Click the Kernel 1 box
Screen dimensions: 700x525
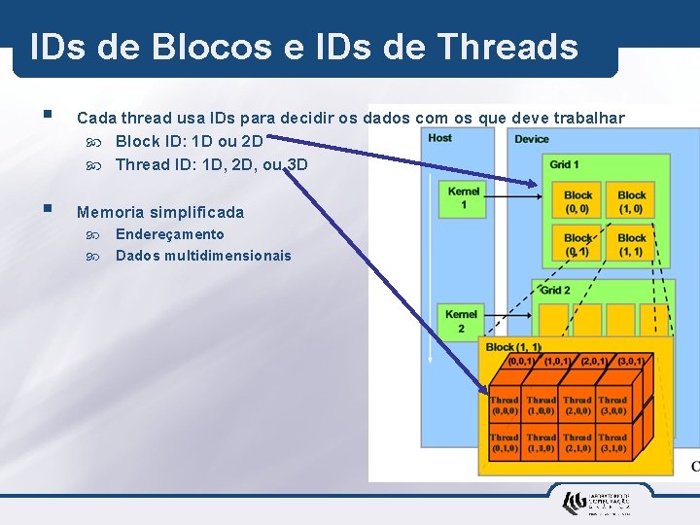coord(464,198)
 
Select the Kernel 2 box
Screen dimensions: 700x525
coord(461,321)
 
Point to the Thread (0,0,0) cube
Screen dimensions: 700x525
coord(505,405)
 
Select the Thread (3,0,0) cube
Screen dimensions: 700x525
coord(612,405)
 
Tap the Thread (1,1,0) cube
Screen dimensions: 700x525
coord(541,443)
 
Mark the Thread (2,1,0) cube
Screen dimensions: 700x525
coord(577,443)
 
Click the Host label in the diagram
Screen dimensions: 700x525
coord(439,138)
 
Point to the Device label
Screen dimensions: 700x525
coord(532,139)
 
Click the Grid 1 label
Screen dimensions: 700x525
coord(564,164)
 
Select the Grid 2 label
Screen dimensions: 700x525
coord(555,291)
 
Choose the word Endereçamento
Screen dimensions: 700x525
coord(169,234)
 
